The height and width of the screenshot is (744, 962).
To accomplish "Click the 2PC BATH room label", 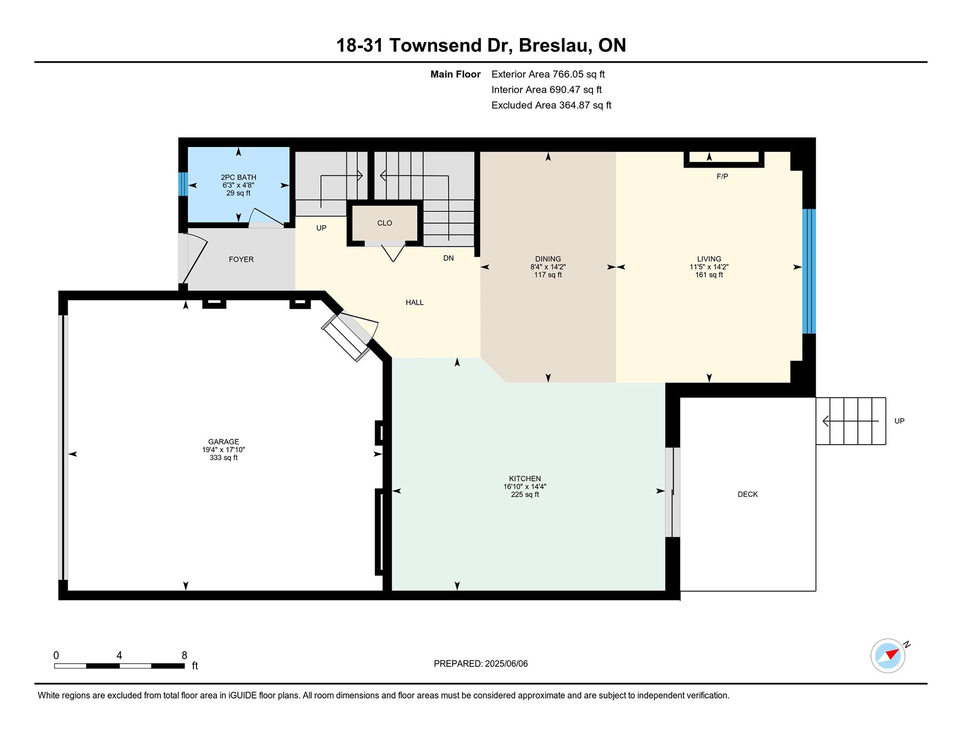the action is coord(238,177).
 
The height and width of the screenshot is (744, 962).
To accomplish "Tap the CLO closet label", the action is coord(385,223).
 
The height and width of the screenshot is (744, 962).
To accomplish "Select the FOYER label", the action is coord(241,259).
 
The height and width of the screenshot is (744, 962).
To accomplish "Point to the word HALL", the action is coord(414,302).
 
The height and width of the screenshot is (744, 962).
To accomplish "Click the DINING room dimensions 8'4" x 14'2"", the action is coord(548,267).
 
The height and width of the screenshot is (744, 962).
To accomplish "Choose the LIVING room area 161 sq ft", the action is coord(709,275).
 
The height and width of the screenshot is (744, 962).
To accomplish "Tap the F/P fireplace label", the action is coord(722,176).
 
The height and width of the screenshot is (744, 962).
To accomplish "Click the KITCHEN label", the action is coord(525,479).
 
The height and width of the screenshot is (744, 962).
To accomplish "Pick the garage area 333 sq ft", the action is coord(223,458).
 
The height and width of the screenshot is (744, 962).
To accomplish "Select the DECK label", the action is coord(748,494).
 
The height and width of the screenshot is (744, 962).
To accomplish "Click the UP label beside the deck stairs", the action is coord(899,421).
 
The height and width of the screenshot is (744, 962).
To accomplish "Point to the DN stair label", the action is coord(448,258).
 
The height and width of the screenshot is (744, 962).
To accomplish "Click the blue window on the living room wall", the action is coord(809,271).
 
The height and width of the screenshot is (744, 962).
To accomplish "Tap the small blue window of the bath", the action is coord(183,184).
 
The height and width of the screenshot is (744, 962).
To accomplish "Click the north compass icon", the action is coord(888,655).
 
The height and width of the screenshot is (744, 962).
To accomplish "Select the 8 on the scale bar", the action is coord(184,655).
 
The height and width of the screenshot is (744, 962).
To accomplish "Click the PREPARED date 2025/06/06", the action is coord(506,664).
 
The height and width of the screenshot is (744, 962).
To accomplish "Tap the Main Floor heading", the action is coord(455,74).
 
